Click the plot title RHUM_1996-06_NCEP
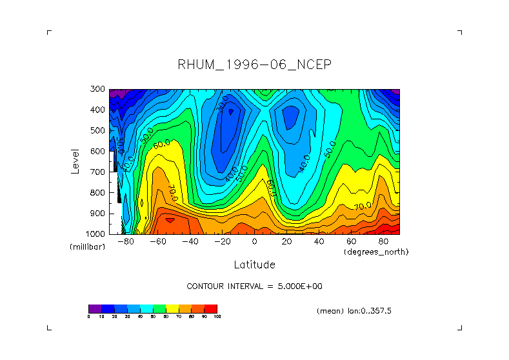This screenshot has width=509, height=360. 254,65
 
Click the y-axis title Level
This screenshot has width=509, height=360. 75,161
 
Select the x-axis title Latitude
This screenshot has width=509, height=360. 254,265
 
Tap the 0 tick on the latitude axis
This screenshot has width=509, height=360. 255,242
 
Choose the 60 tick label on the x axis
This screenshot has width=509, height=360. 352,242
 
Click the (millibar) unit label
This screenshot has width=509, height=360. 87,247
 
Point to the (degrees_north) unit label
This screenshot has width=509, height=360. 376,252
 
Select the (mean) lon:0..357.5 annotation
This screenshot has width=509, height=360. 354,311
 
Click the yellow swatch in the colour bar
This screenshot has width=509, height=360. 172,308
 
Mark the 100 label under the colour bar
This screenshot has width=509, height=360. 217,317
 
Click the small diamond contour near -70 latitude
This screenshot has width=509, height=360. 142,202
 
